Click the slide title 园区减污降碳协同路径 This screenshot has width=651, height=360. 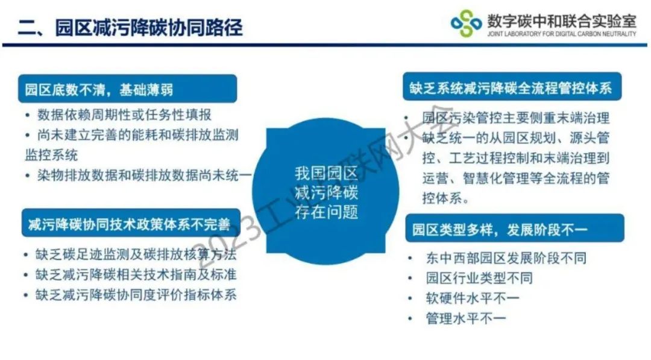coord(149,27)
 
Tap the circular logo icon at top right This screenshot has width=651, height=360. coord(466,24)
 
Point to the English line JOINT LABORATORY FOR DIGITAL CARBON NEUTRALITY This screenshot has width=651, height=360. coord(562,34)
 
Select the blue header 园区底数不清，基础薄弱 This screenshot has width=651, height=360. coord(127,89)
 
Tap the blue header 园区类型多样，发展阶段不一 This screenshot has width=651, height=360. coord(515,228)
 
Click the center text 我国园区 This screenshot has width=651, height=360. coord(326,173)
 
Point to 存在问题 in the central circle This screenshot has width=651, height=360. coord(326,212)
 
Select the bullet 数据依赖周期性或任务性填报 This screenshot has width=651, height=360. coord(124,115)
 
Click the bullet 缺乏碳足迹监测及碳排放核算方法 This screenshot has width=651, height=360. coord(136,254)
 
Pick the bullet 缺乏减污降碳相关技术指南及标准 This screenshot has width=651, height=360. coord(136,274)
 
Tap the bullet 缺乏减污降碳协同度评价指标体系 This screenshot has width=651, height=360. coord(136,295)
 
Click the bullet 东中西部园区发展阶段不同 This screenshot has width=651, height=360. coord(506,258)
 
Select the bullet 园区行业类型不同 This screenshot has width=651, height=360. coord(479,278)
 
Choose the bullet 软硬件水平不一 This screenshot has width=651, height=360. coord(473,298)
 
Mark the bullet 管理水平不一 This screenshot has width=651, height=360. coord(466,318)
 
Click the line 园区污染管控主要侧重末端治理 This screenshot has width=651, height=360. coord(515,118)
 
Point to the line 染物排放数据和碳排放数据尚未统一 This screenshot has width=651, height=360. coord(144,175)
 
